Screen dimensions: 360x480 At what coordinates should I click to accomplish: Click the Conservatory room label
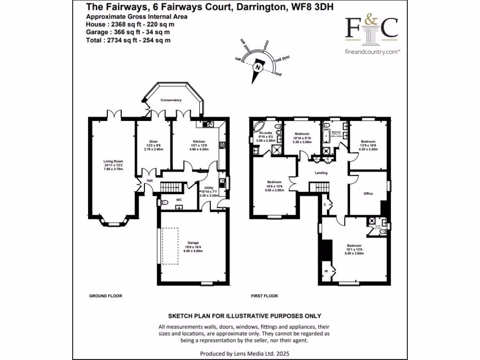click(171, 100)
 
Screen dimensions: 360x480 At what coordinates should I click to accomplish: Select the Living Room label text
click(113, 162)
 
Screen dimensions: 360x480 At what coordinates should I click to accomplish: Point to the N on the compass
click(257, 67)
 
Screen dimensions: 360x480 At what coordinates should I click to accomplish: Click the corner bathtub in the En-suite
click(258, 127)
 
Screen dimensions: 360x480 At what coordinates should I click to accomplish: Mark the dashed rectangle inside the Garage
click(171, 247)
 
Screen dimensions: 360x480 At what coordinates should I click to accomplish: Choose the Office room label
click(368, 193)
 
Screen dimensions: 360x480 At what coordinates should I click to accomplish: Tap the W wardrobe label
click(326, 271)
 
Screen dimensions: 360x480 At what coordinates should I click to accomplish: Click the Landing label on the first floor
click(321, 173)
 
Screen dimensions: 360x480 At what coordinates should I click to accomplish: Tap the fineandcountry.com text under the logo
click(372, 52)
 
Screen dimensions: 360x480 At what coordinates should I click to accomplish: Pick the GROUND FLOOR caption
click(105, 296)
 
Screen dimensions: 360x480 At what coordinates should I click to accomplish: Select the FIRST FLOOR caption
click(264, 296)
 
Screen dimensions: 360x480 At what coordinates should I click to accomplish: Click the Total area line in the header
click(128, 40)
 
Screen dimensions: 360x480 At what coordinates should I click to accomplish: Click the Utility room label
click(209, 187)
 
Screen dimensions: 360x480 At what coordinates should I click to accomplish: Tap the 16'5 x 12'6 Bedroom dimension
click(274, 186)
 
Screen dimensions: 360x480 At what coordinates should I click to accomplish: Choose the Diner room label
click(153, 141)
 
